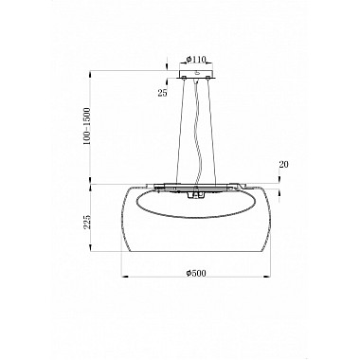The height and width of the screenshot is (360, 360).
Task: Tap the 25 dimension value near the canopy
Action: click(163, 93)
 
